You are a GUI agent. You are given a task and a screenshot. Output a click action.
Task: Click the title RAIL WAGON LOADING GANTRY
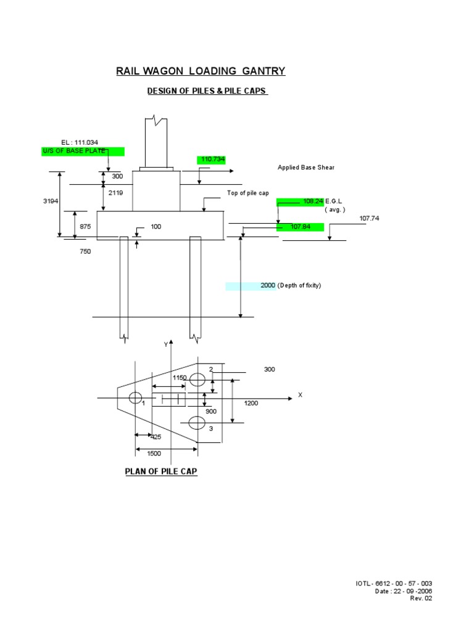click(x=201, y=71)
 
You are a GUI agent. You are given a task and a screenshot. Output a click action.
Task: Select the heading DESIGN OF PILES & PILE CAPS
click(x=207, y=91)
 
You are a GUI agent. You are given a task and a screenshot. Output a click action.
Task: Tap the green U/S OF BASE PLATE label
click(x=83, y=152)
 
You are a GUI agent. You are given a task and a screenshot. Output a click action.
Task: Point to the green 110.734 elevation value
click(x=212, y=160)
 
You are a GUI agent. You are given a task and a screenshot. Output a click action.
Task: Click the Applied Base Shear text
click(x=306, y=168)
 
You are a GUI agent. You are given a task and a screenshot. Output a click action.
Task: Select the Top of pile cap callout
click(x=248, y=193)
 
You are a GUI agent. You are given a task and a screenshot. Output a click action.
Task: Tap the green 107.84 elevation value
click(x=300, y=227)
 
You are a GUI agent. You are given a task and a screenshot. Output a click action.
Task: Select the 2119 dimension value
click(x=115, y=193)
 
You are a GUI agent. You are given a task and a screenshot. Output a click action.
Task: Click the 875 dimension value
click(x=85, y=226)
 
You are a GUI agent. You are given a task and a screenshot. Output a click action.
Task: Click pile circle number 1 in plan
click(x=135, y=398)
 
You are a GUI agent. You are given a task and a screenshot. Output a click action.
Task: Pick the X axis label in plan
click(x=300, y=394)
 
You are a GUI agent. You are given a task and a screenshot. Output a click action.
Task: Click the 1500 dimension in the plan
click(x=154, y=454)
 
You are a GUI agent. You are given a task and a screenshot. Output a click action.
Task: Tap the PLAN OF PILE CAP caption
click(x=161, y=471)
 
